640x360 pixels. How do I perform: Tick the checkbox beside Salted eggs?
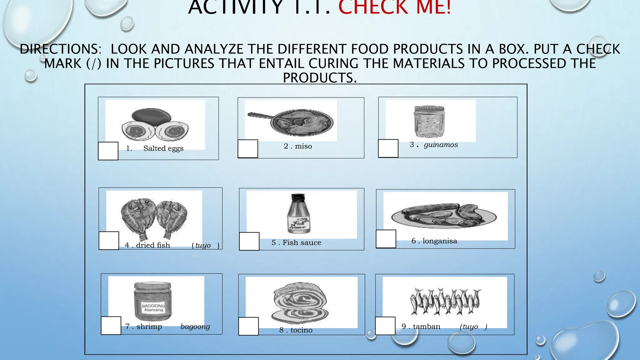[108, 151]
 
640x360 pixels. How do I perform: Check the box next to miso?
[248, 149]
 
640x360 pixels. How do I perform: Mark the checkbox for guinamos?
[388, 148]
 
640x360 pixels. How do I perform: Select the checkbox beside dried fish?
[109, 241]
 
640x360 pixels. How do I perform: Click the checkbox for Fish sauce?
[249, 241]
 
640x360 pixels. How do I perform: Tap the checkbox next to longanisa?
[386, 239]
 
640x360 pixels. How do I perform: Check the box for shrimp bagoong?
[111, 326]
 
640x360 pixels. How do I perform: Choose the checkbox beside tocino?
[248, 326]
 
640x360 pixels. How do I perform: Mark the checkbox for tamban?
[385, 326]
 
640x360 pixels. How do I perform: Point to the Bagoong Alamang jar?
[153, 301]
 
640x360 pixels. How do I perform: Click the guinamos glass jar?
[429, 122]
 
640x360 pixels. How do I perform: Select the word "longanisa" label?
[440, 241]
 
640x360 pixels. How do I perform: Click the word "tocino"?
[301, 330]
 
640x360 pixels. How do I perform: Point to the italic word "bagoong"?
[195, 327]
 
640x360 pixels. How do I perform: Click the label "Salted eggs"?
[163, 148]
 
